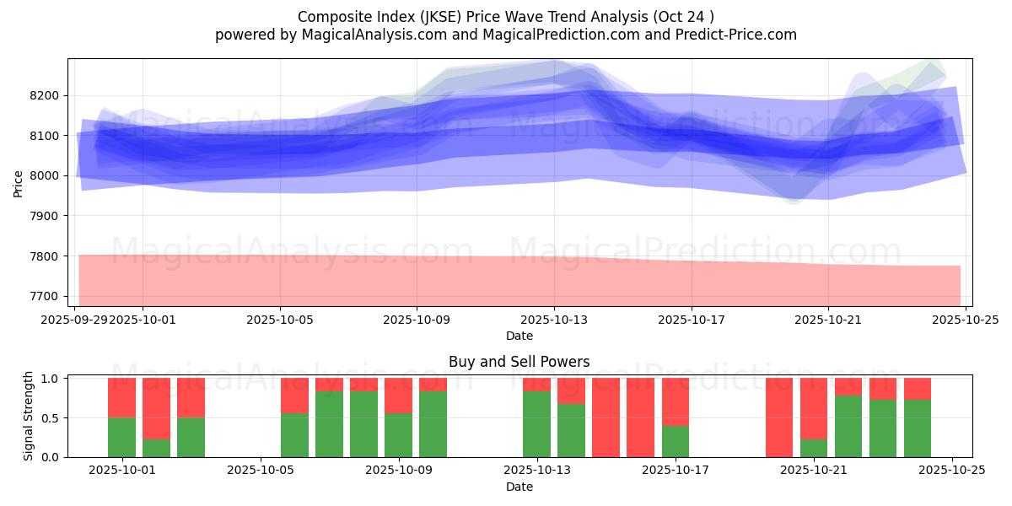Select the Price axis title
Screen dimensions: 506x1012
coord(19,182)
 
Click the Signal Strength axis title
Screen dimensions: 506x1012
coord(29,417)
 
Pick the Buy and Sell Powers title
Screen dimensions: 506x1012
coord(519,362)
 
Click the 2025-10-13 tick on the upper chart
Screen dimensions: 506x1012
coord(554,320)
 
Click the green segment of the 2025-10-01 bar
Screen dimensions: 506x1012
coord(122,437)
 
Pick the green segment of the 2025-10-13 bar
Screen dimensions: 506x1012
coord(537,423)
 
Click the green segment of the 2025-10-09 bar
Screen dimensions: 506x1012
coord(433,423)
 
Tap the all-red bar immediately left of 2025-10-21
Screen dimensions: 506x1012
coord(779,417)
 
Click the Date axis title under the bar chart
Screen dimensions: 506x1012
coord(519,487)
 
